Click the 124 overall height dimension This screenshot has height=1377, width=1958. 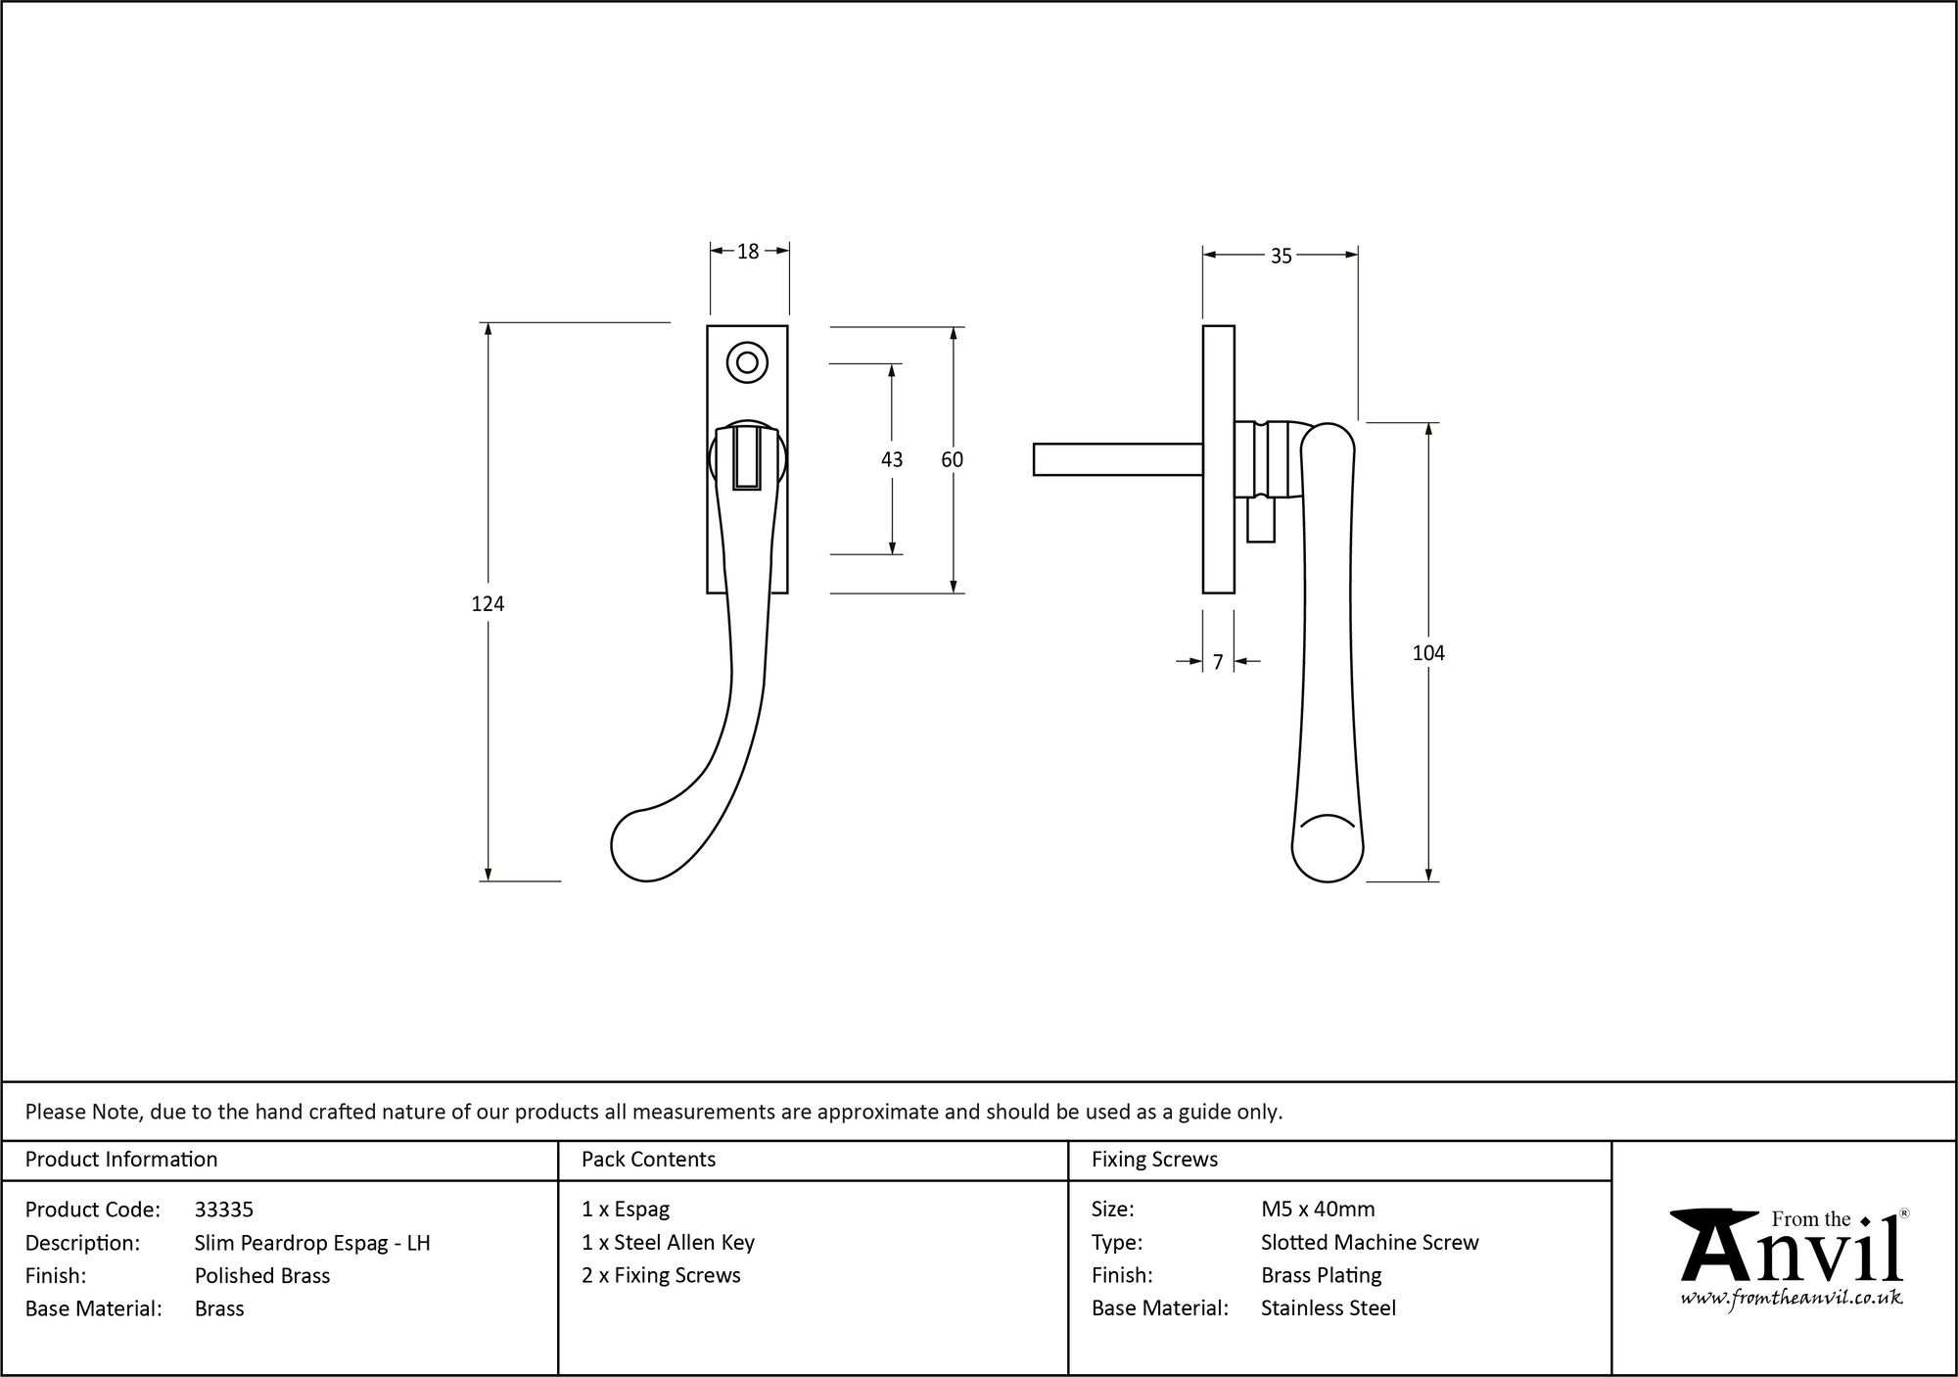(x=488, y=604)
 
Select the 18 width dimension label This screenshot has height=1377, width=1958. (x=748, y=253)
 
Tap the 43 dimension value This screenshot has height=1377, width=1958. (x=892, y=459)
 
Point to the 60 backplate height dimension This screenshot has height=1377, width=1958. (x=952, y=459)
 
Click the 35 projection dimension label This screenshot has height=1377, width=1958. (x=1281, y=257)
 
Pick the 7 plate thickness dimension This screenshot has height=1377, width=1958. (x=1218, y=663)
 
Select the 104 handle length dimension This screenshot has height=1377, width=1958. (x=1427, y=653)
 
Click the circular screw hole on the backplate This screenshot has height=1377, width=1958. (x=747, y=363)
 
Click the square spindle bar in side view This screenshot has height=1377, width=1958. (x=1116, y=459)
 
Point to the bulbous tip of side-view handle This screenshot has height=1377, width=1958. (x=1328, y=848)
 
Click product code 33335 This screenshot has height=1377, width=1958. (x=224, y=1210)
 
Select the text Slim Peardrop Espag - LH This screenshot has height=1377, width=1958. (x=312, y=1243)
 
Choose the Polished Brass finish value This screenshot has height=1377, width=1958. (x=262, y=1276)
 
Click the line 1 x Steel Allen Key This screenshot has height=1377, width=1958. (x=668, y=1243)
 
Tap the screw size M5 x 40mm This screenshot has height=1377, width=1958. (x=1318, y=1210)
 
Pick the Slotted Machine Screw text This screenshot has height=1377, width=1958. (x=1370, y=1243)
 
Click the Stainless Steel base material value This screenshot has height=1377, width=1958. (x=1329, y=1308)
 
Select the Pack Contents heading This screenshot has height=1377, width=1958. (x=648, y=1160)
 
